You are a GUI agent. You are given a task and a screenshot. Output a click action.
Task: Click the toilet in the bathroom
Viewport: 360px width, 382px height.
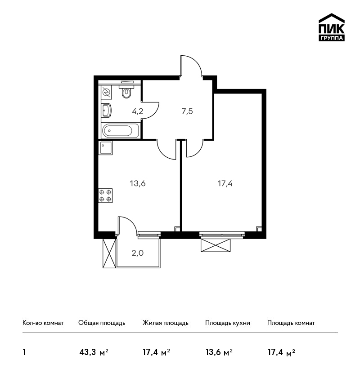pos(126,91)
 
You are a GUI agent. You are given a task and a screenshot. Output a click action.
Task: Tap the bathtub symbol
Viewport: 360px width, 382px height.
pos(121,131)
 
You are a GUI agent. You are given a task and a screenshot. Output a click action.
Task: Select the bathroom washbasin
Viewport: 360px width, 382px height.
pos(107,111)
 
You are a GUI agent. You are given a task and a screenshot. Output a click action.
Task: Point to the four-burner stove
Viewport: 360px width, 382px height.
pos(105,195)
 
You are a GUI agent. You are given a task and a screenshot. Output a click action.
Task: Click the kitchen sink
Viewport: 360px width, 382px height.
pos(105,148)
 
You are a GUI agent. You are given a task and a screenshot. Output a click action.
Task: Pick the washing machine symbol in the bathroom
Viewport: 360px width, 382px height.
pos(106,92)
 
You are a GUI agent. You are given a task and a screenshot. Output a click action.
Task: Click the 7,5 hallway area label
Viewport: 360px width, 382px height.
pos(187,111)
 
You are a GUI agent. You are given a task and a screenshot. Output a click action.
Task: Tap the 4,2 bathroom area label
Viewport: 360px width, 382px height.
pos(138,111)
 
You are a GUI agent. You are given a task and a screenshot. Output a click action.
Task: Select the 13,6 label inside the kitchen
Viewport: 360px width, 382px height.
pos(138,183)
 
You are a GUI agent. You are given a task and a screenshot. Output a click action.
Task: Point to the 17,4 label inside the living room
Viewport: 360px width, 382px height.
pos(225,183)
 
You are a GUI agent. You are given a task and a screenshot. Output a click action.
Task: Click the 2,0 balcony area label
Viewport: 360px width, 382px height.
pos(138,253)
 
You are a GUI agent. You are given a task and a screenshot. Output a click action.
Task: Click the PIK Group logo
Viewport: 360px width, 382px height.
pos(332,27)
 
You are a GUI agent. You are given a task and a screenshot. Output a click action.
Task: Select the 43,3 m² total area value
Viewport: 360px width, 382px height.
pos(94,352)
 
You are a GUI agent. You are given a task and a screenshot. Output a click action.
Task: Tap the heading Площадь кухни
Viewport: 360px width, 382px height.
pos(228,323)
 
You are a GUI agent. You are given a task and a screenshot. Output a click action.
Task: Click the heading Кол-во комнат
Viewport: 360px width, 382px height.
pos(43,323)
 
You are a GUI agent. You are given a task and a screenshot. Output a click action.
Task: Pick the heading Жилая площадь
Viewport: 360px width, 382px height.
pos(165,323)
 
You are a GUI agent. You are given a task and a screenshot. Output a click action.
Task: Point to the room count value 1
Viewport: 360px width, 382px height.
pos(24,352)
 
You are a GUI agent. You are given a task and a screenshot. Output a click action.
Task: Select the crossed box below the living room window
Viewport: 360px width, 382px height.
pos(216,245)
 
